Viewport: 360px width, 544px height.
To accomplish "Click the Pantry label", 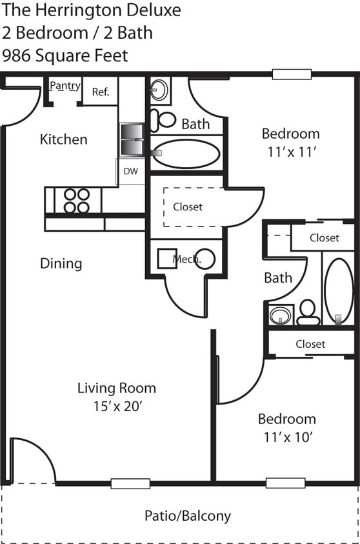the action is point(65,86).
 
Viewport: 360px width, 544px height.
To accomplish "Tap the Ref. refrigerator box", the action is point(101,91).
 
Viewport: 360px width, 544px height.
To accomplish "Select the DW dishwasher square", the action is point(131,171).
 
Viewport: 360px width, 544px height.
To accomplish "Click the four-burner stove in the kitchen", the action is point(77,201).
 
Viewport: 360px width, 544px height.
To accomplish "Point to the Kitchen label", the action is point(63,139).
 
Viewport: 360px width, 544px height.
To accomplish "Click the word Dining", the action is point(61,263).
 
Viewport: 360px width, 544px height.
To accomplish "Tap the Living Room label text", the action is point(117,388).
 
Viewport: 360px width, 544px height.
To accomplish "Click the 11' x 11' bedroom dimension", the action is point(292,152).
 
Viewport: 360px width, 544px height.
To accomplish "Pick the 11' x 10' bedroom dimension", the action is point(288,437).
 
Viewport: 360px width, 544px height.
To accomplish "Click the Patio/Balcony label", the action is point(188,516).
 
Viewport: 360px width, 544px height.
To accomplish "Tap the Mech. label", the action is point(187,259).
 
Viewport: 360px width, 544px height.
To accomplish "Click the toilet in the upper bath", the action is point(164,119).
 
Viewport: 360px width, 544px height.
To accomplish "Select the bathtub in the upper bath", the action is point(186,153).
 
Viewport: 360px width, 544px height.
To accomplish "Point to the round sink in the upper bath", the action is point(159,90).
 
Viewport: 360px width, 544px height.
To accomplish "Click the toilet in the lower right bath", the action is point(308,312).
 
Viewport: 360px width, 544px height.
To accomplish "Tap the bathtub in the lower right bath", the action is point(339,292).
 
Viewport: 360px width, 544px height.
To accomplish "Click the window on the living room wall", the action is point(131,483).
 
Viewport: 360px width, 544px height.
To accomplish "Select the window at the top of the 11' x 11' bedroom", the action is point(292,74).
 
